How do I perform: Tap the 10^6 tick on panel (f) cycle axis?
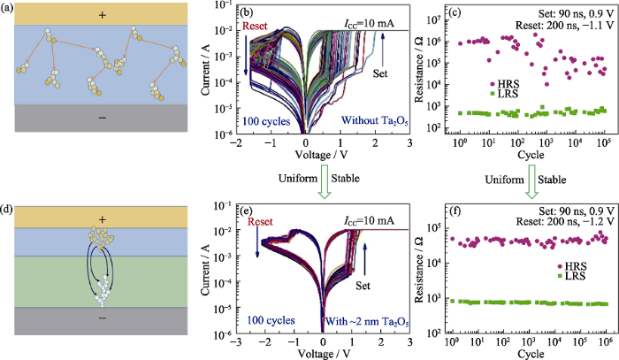(605, 341)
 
